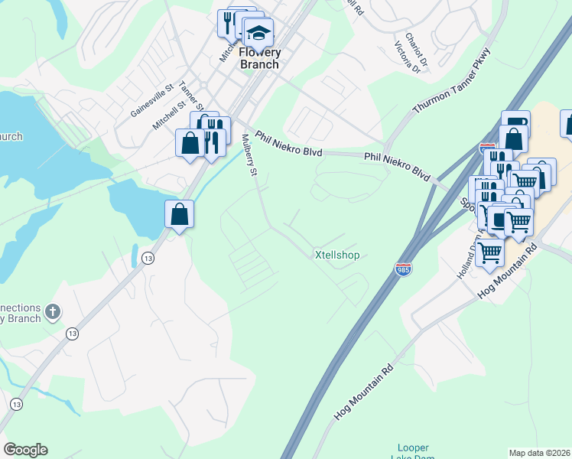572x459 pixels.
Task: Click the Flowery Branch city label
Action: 260,58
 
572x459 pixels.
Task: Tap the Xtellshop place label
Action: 337,255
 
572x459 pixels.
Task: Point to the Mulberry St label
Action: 249,155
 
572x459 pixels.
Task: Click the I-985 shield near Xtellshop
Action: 403,269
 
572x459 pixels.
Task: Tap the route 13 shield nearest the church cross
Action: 72,334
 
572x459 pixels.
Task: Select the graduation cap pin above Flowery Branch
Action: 258,31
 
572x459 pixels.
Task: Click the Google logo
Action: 25,450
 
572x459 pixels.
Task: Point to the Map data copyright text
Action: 540,453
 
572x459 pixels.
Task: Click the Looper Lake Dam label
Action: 414,452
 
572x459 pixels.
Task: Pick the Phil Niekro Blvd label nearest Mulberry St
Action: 288,143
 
